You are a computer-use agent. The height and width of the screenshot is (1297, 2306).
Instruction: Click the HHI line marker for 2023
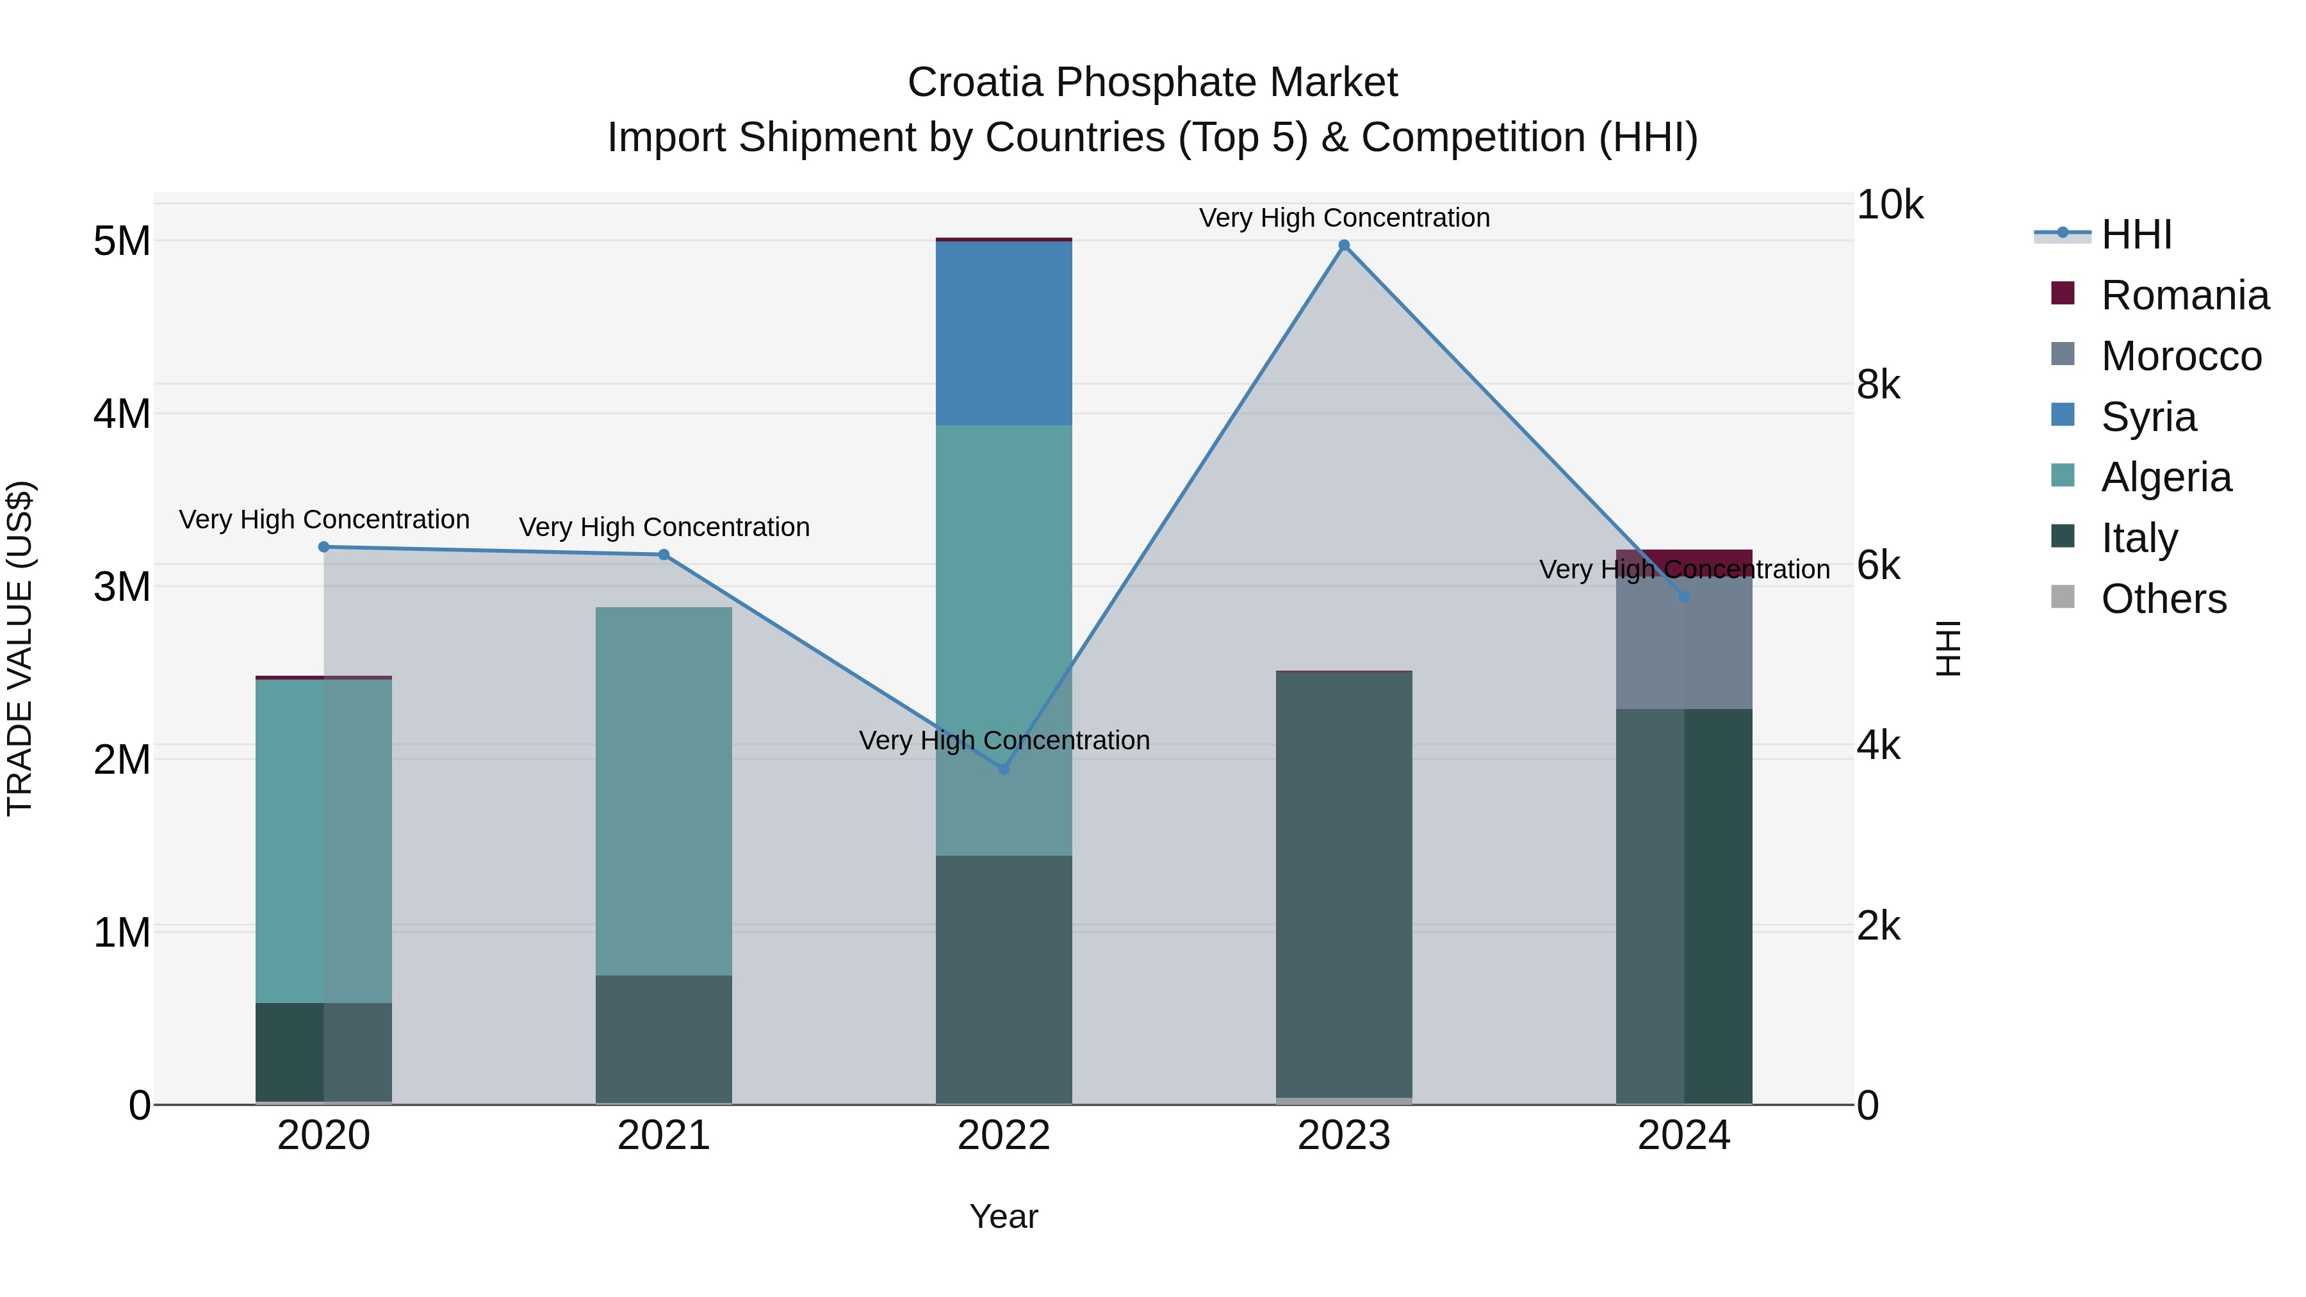click(x=1344, y=245)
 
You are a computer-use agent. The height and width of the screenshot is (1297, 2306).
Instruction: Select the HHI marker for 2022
click(x=1004, y=769)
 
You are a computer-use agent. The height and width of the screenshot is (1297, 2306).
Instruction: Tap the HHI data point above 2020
click(x=324, y=547)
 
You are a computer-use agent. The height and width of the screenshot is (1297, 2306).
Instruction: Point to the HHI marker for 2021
click(x=664, y=555)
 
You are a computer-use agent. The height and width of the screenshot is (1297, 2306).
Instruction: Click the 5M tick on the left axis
click(x=122, y=241)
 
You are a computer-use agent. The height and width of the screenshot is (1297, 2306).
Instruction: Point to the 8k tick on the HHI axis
click(x=1878, y=385)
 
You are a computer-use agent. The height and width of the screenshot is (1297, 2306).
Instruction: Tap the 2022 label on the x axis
click(x=1004, y=1136)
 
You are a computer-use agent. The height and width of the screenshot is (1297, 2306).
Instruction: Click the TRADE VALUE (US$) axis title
click(x=20, y=648)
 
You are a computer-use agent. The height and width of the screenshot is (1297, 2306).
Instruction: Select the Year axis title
click(x=1004, y=1216)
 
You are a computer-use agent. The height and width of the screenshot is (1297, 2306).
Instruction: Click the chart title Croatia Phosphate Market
click(x=1152, y=83)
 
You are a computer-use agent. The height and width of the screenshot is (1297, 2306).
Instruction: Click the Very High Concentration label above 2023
click(x=1344, y=218)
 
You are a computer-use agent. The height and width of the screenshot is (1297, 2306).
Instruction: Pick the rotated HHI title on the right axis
click(x=1948, y=648)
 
